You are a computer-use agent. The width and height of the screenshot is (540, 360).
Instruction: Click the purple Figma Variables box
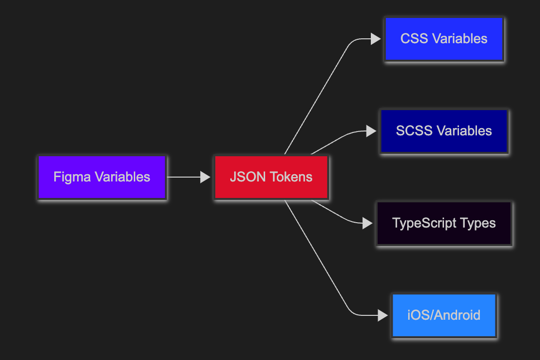tap(102, 177)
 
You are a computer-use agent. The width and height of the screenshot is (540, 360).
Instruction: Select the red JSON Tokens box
tap(271, 177)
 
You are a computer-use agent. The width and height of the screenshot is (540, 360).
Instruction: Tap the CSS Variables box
tap(444, 39)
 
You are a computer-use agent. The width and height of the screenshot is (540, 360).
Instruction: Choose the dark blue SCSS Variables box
tap(444, 131)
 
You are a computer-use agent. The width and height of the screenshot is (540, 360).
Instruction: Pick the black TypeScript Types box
tap(444, 223)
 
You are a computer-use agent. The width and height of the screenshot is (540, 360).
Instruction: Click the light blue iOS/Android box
tap(444, 315)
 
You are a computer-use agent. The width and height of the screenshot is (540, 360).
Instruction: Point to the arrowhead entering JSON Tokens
tap(205, 177)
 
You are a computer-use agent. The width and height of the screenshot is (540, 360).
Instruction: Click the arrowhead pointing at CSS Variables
tap(376, 39)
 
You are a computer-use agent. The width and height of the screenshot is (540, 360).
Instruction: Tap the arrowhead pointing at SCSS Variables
tap(371, 131)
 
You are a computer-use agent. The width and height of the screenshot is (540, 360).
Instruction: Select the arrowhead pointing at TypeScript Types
tap(368, 223)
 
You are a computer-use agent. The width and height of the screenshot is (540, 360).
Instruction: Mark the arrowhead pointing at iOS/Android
tap(383, 315)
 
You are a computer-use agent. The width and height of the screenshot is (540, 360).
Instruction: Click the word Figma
tap(72, 178)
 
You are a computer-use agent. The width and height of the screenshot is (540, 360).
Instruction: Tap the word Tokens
tap(291, 177)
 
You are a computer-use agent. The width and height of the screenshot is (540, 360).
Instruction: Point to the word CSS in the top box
tap(414, 39)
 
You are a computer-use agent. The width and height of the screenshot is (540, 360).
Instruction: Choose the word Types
tap(478, 224)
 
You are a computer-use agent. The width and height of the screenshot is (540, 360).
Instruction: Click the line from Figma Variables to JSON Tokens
tap(184, 177)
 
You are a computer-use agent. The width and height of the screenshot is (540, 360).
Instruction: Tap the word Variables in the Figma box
tap(123, 177)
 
